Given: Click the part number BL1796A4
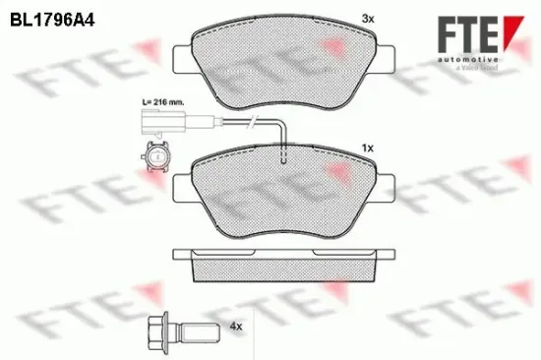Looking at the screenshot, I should [50, 19].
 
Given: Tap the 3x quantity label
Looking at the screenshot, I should [369, 19].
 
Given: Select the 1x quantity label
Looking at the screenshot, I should [369, 148].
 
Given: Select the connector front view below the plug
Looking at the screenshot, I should [154, 154].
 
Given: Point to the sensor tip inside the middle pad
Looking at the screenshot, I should [283, 161].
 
